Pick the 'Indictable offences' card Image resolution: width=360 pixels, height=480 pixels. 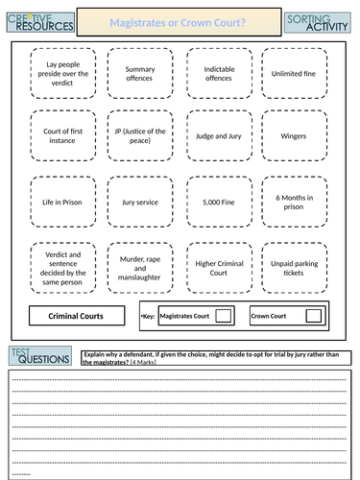(x=220, y=74)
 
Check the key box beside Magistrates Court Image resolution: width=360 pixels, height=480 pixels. (x=222, y=315)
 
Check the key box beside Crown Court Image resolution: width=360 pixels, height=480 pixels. (x=311, y=315)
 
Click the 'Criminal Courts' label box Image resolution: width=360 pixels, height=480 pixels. (x=76, y=315)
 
